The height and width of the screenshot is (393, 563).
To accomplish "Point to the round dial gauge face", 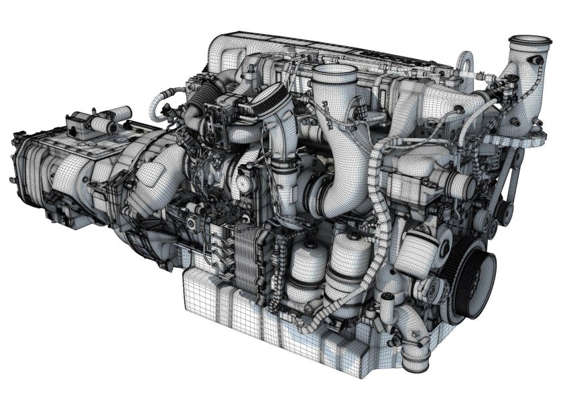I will [x=242, y=182].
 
